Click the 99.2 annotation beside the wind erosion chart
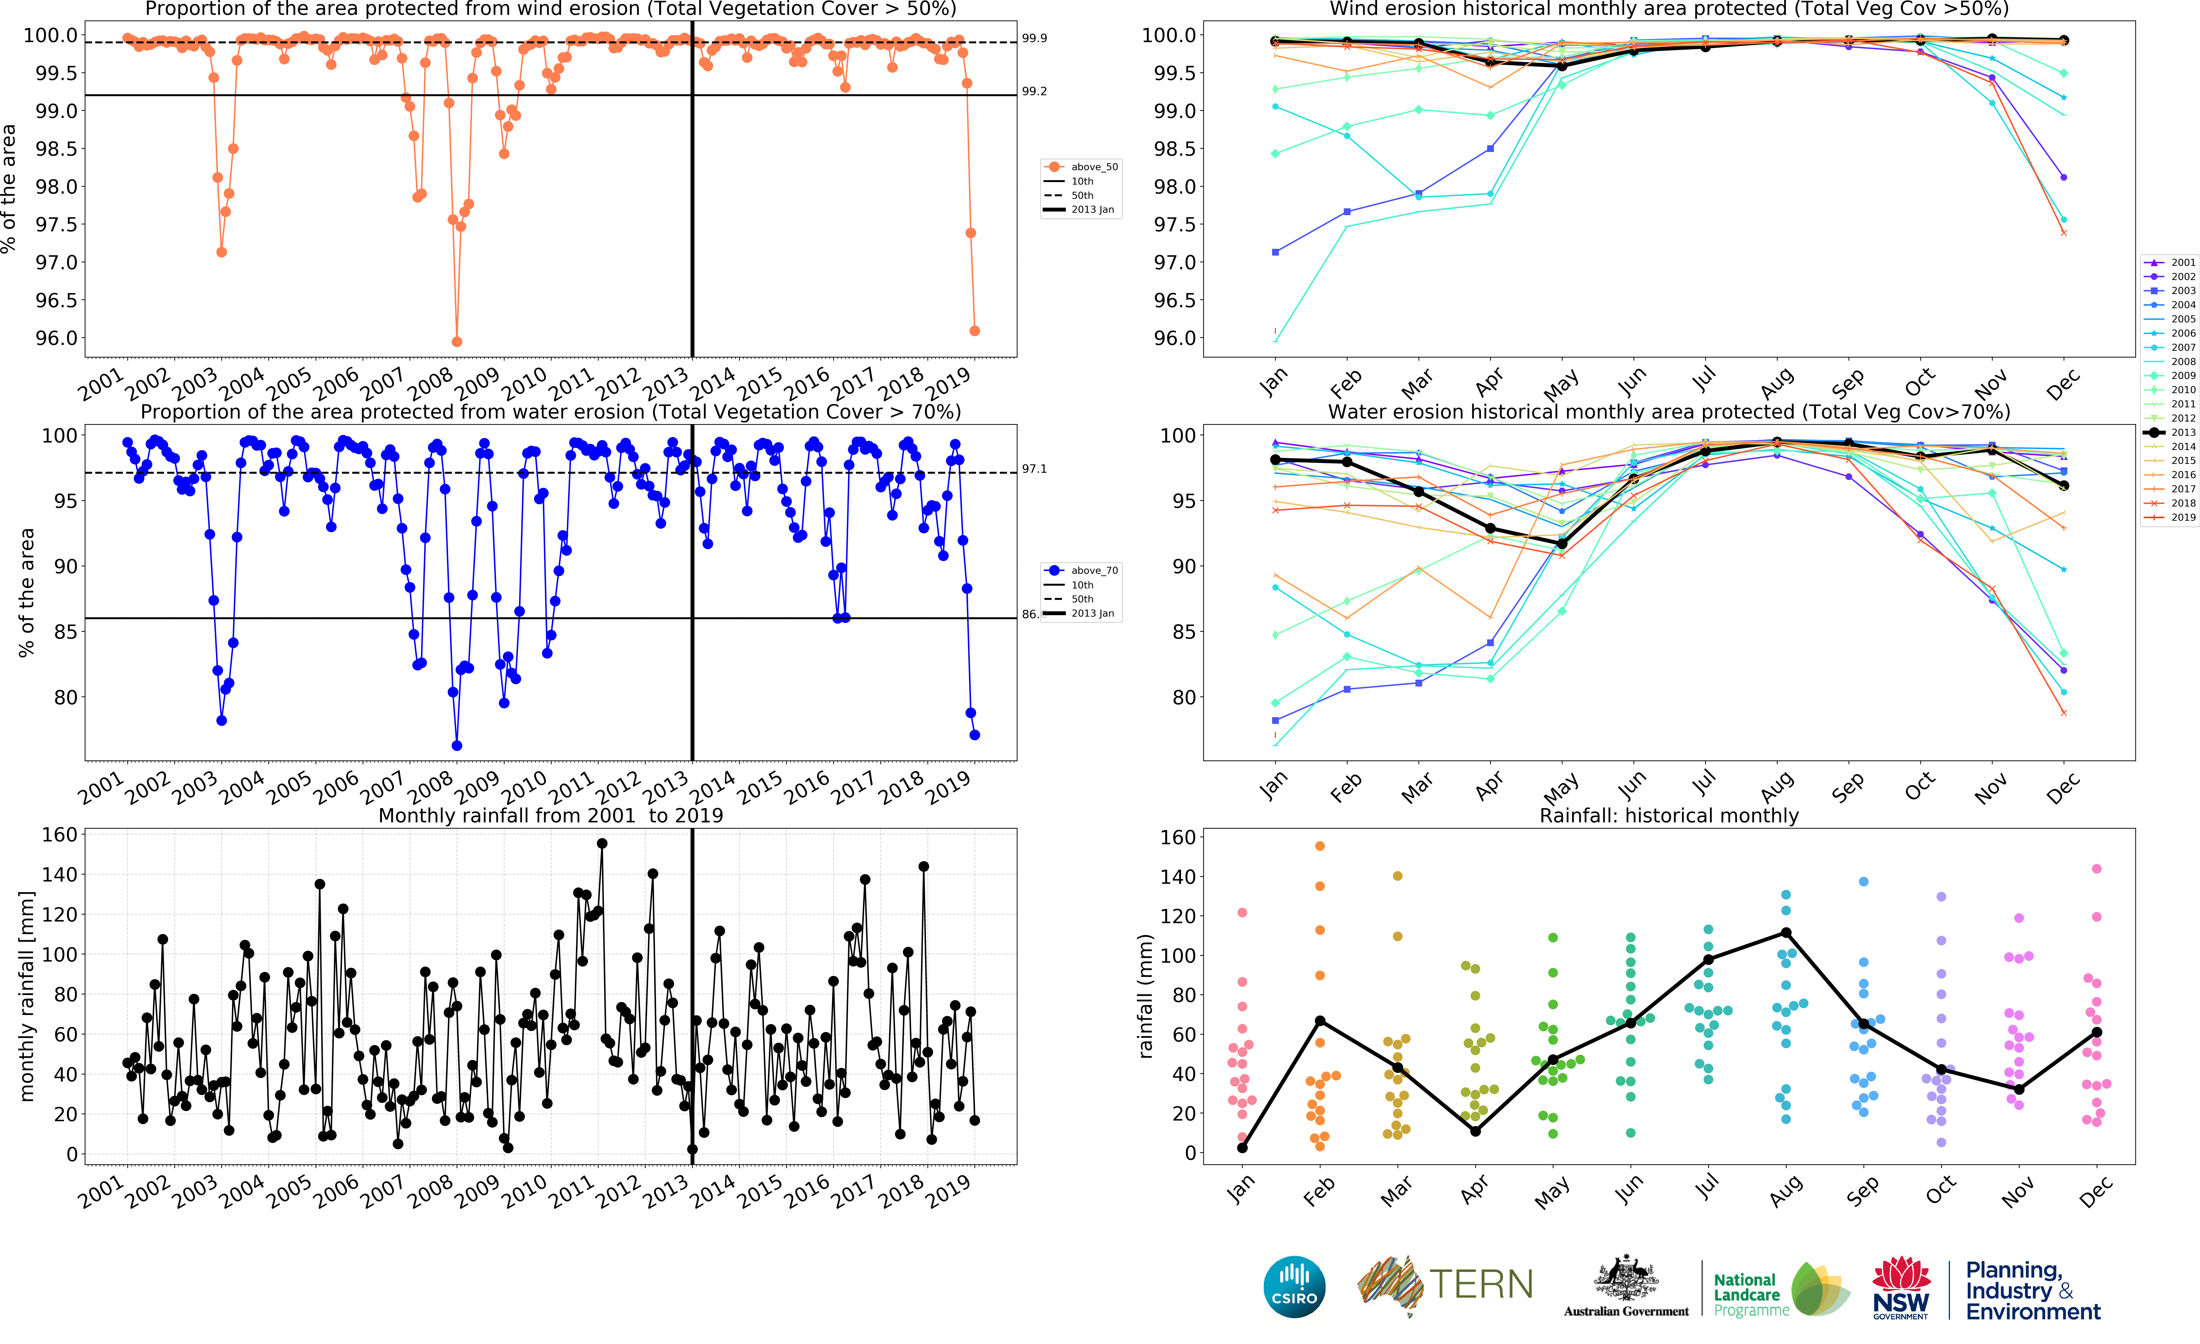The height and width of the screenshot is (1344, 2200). tap(1034, 91)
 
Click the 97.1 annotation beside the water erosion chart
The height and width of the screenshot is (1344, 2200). tap(1034, 469)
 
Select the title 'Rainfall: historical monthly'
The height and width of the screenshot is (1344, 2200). tap(1669, 815)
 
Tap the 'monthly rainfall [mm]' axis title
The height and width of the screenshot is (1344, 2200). tap(27, 996)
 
